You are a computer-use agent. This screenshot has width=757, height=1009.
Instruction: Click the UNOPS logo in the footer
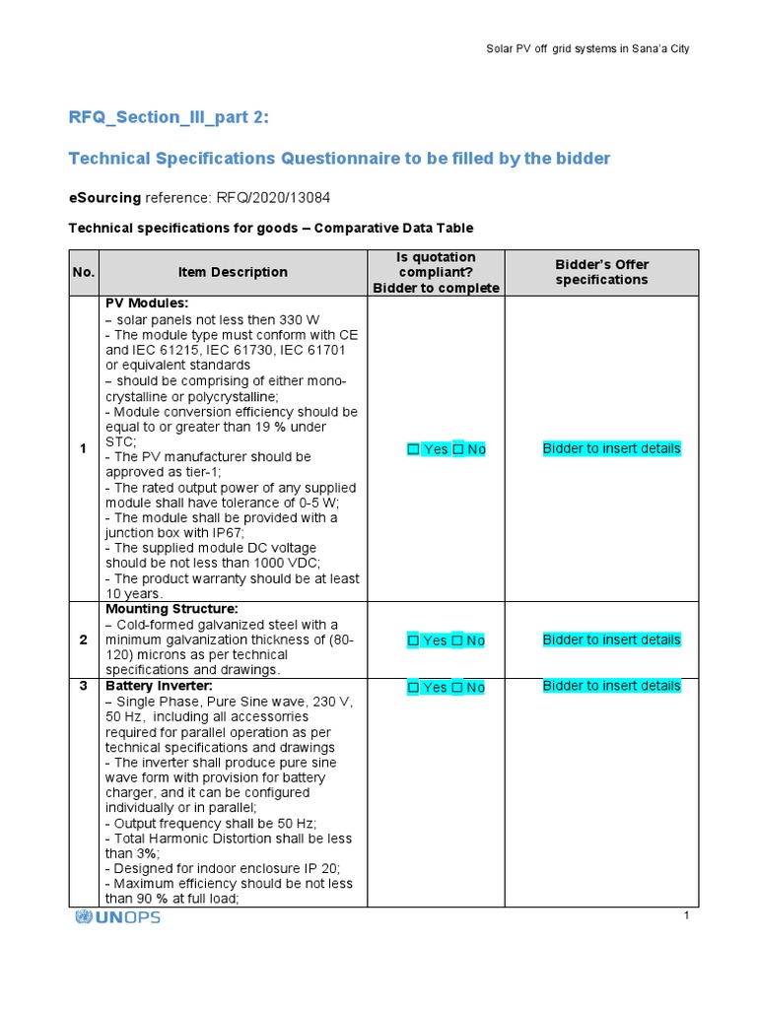point(117,917)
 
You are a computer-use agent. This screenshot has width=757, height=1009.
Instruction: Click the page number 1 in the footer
point(685,916)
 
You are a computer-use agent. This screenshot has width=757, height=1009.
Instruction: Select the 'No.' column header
point(83,272)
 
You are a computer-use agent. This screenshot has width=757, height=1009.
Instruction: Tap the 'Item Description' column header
point(233,272)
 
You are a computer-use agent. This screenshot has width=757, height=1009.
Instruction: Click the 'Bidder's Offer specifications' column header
point(601,272)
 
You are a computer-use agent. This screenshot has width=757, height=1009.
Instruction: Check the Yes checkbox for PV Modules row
point(414,449)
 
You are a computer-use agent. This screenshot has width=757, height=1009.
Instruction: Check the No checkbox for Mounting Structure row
point(458,640)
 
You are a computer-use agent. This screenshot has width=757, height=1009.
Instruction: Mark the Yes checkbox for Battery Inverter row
point(414,688)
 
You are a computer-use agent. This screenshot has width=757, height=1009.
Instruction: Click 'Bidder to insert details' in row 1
point(611,448)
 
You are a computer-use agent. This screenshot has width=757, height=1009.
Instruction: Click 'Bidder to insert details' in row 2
point(611,639)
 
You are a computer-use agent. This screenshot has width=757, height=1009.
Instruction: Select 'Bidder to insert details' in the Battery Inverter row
point(611,686)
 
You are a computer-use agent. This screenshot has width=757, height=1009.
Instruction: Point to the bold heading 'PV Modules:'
point(146,303)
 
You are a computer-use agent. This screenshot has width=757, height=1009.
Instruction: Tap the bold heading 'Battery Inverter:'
point(159,685)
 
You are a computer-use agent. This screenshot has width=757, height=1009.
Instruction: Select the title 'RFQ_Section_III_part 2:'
point(168,118)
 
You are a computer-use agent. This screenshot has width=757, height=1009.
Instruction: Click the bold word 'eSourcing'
point(104,197)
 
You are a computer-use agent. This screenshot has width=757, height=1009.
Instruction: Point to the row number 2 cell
point(83,640)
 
